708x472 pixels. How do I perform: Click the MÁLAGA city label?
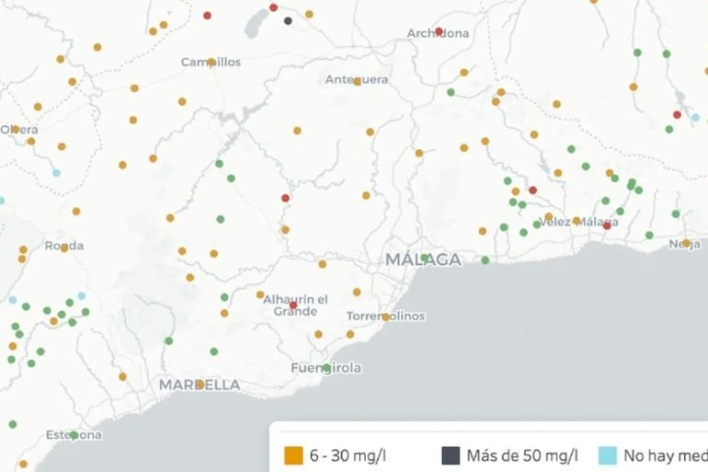pos(423,259)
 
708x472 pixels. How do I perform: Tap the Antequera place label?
pos(357,80)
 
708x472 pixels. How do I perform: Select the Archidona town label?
pos(438,34)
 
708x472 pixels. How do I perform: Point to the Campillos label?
pos(211,63)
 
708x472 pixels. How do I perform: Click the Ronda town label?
pos(63,246)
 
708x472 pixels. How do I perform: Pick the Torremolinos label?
pos(385,317)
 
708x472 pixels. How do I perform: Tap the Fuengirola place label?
pos(325,368)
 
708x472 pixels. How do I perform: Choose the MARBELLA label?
pos(200,385)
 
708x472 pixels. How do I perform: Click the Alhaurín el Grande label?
pos(295,305)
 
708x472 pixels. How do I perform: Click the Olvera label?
pos(18,130)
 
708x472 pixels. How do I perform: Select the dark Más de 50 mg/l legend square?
pos(451,455)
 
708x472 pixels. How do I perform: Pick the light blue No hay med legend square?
pos(607,455)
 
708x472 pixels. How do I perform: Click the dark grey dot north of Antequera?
pos(288,20)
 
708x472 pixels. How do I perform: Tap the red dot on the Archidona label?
pos(439,31)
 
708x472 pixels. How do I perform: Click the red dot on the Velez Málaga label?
pos(606,224)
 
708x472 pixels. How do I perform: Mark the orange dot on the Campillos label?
pos(211,63)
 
